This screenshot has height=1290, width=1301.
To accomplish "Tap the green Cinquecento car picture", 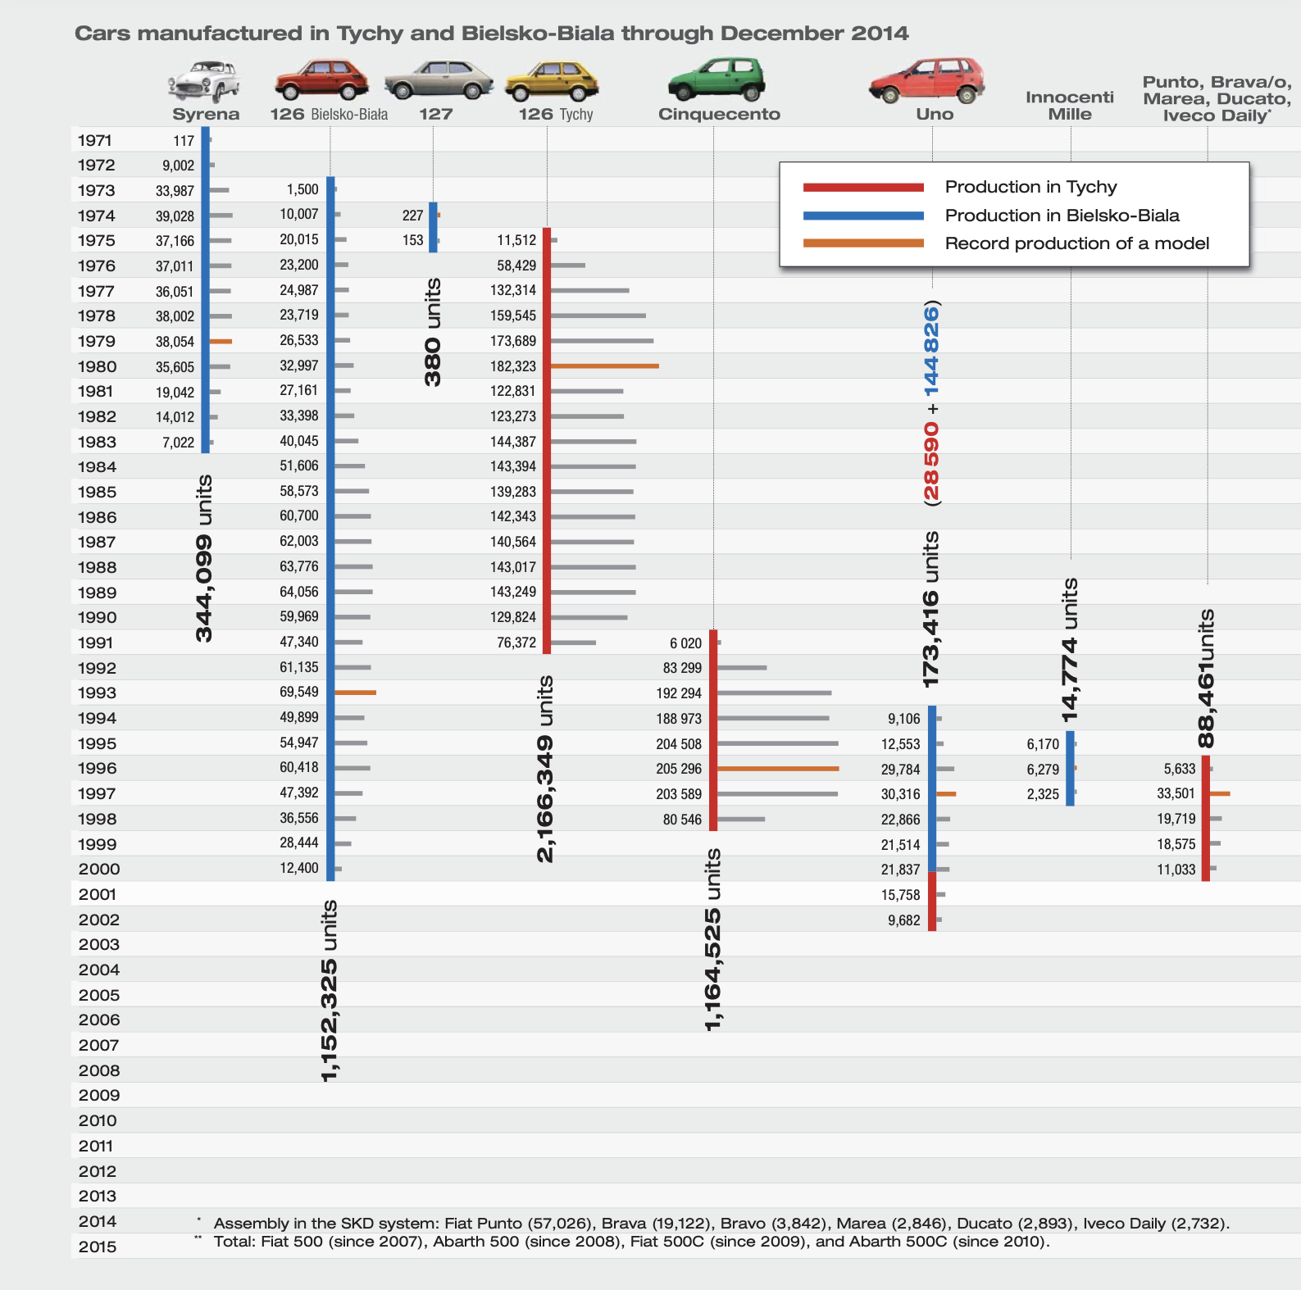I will tap(716, 79).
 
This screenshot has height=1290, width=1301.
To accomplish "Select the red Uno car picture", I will tap(926, 80).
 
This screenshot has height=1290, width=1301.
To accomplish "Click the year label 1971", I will tap(95, 141).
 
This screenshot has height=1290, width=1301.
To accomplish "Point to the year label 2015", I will tap(98, 1247).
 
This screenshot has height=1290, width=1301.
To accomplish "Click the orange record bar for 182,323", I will tap(605, 366).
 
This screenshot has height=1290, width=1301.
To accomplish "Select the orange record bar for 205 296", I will tap(778, 769).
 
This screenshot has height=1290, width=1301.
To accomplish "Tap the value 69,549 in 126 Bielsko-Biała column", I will tap(299, 693).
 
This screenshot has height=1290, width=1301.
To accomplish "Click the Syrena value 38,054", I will tap(175, 342).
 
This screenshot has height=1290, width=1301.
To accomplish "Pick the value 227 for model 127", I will tap(412, 216).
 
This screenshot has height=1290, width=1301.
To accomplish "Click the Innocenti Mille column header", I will tap(1070, 106).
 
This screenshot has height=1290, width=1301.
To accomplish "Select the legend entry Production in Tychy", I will tap(1030, 187).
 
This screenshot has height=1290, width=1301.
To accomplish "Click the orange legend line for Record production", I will tap(863, 243).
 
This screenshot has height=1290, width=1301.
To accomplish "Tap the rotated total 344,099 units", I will tap(204, 558).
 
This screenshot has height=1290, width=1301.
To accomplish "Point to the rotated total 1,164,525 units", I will tap(713, 940).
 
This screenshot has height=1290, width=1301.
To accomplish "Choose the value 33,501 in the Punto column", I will tap(1176, 793).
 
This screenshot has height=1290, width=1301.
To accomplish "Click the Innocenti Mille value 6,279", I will tap(1043, 770).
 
